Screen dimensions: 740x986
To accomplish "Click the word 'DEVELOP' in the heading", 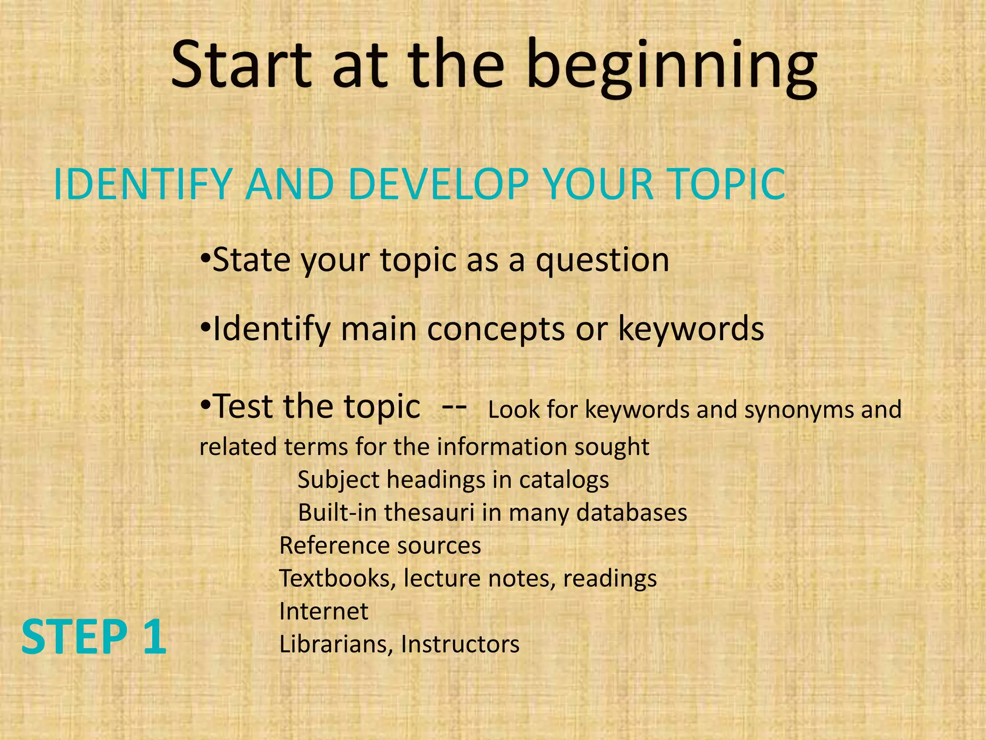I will [x=438, y=184].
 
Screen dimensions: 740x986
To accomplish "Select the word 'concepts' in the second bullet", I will [x=496, y=329].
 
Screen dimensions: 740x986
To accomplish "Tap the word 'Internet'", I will [x=324, y=611].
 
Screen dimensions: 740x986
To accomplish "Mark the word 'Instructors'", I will [x=460, y=644].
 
